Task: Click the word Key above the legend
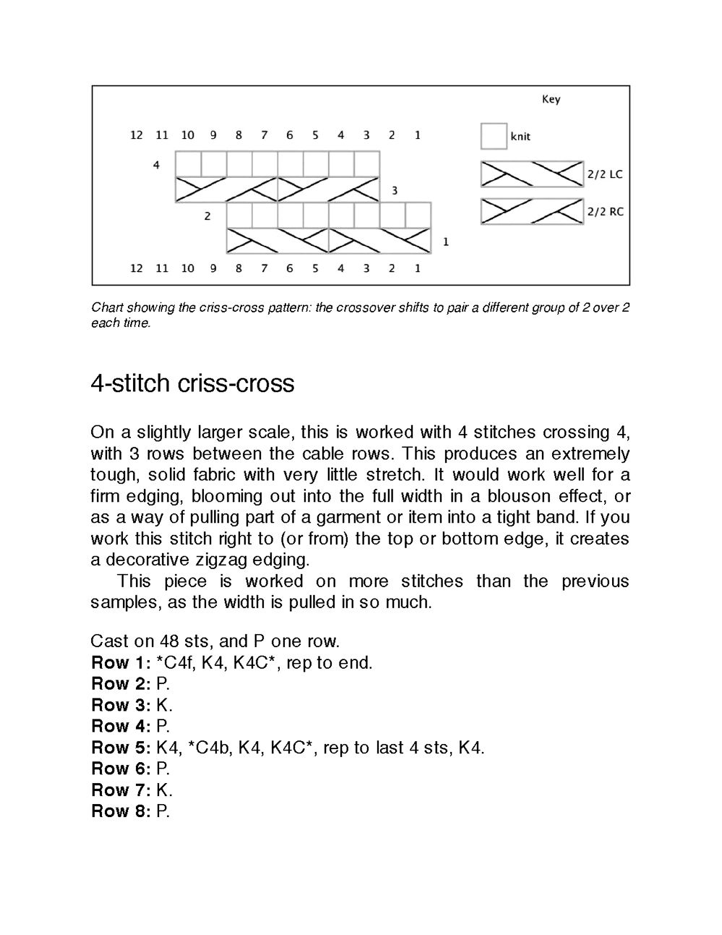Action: [551, 99]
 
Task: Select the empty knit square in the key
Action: [494, 136]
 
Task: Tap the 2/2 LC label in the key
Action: [604, 174]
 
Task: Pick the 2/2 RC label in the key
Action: [604, 212]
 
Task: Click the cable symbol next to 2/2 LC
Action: [532, 174]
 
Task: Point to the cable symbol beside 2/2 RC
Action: [532, 211]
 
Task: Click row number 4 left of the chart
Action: [156, 165]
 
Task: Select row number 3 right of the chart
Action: [395, 191]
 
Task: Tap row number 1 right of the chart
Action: [445, 242]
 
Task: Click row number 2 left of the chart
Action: [207, 215]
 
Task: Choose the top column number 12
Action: [137, 135]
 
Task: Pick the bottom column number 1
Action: [418, 268]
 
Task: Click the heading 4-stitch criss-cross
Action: [192, 383]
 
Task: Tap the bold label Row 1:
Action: [120, 662]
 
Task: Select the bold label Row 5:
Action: [120, 747]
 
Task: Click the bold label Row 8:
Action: [120, 811]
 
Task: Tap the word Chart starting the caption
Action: [107, 307]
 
